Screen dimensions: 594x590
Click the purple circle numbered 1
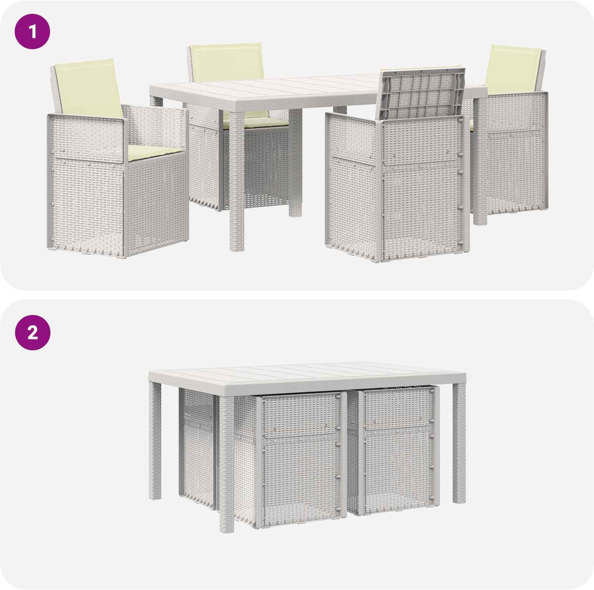click(32, 32)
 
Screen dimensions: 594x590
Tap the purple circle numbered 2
click(32, 332)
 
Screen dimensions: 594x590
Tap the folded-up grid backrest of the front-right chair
click(422, 94)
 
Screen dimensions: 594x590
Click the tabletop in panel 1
click(317, 91)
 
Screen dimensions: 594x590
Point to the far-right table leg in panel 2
click(459, 443)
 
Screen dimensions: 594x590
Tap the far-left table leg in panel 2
click(155, 441)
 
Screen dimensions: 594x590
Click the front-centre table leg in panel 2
click(227, 465)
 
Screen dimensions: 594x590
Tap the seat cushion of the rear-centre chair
click(256, 120)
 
